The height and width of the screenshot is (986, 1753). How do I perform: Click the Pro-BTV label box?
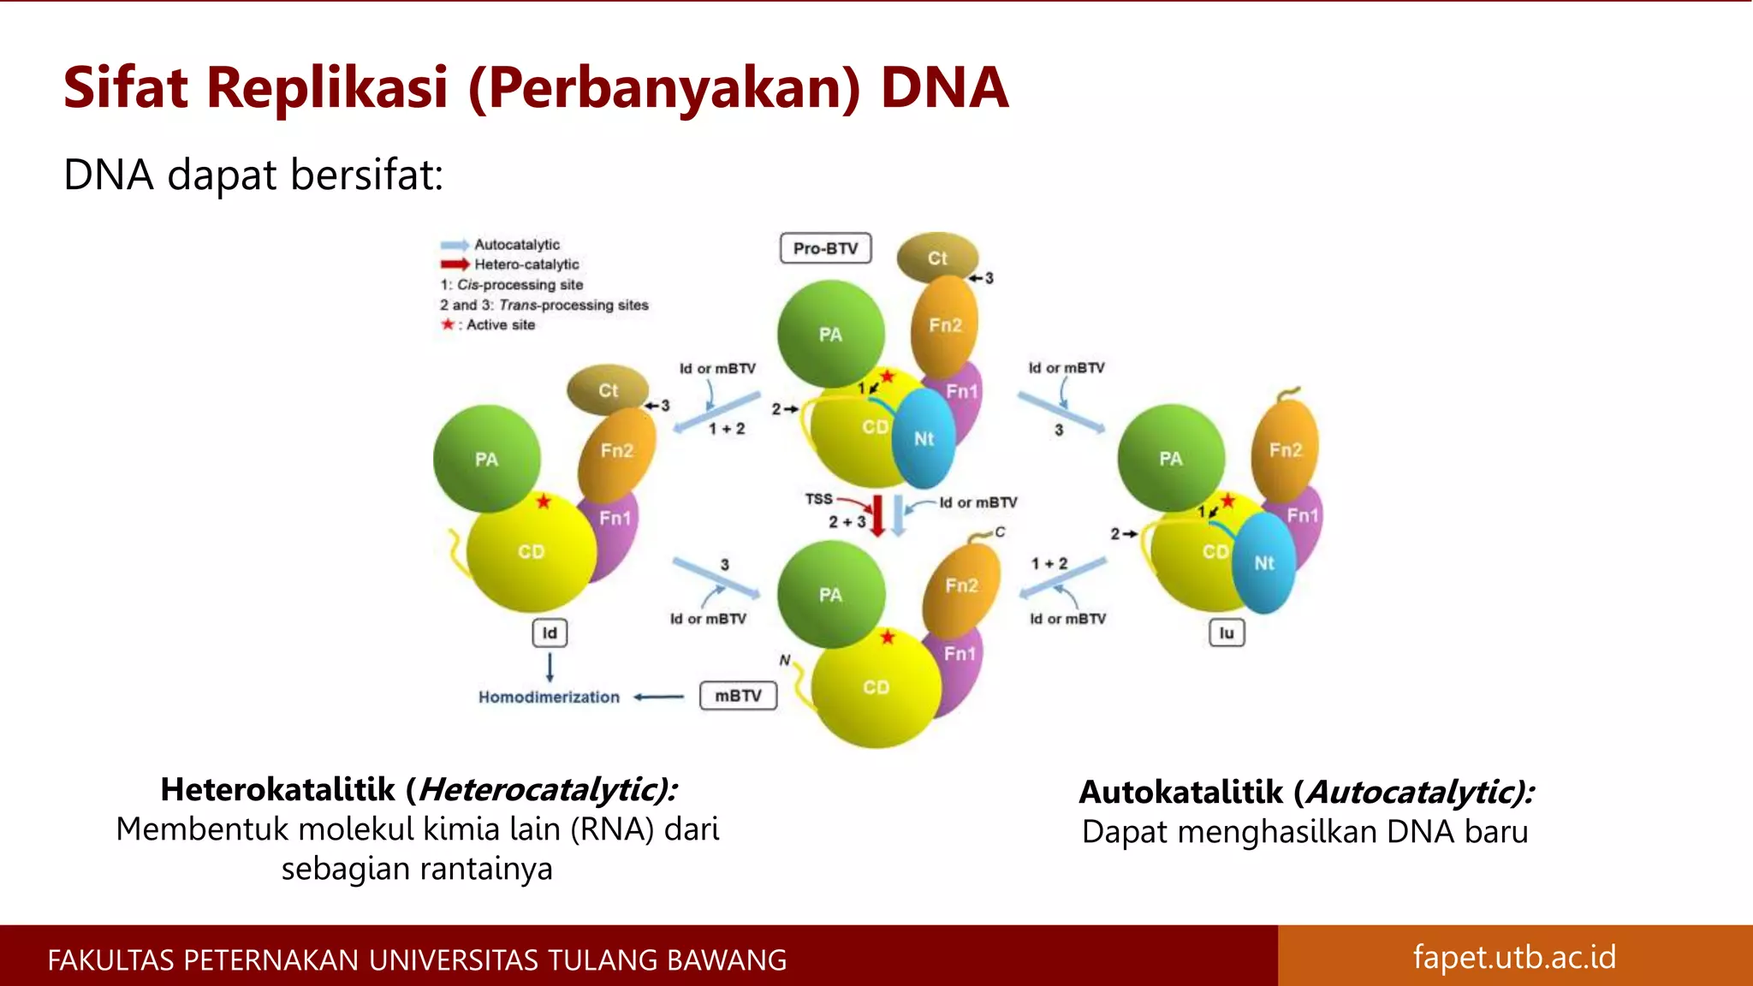point(825,248)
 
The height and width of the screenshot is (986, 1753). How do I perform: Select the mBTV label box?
point(738,696)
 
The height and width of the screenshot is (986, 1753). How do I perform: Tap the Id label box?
point(550,633)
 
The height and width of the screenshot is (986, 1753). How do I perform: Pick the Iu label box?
point(1227,633)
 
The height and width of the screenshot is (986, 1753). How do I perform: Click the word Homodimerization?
point(549,698)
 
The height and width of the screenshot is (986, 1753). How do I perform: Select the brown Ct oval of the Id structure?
point(608,390)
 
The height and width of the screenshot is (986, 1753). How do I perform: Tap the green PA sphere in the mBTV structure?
point(830,594)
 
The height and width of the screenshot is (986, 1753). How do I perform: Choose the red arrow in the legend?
point(455,264)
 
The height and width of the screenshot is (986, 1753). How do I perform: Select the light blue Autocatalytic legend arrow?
point(455,245)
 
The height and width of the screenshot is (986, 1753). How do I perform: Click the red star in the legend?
point(447,324)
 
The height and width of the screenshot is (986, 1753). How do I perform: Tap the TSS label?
point(818,498)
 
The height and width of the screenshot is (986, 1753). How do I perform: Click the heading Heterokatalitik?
point(278,789)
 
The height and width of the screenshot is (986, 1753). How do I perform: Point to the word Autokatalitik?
point(1181,792)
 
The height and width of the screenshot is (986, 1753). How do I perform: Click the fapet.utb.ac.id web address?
point(1514,956)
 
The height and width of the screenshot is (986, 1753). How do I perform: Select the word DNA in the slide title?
point(944,87)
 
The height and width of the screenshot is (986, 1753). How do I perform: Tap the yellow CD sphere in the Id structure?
point(531,552)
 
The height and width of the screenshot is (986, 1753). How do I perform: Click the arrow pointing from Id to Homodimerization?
point(550,667)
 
